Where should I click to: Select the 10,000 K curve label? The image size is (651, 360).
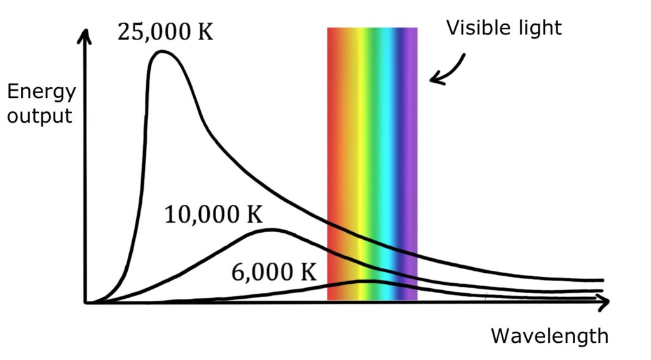point(213,215)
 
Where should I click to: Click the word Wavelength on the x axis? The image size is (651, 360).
point(549,335)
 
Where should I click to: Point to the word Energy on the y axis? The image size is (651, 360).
point(41,93)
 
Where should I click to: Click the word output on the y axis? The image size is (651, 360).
point(39,116)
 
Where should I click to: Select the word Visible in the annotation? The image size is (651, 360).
point(473,27)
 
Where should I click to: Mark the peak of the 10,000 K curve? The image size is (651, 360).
point(271,230)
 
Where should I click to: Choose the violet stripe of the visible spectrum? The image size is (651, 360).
point(411,159)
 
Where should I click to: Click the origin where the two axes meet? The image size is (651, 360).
point(86,303)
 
